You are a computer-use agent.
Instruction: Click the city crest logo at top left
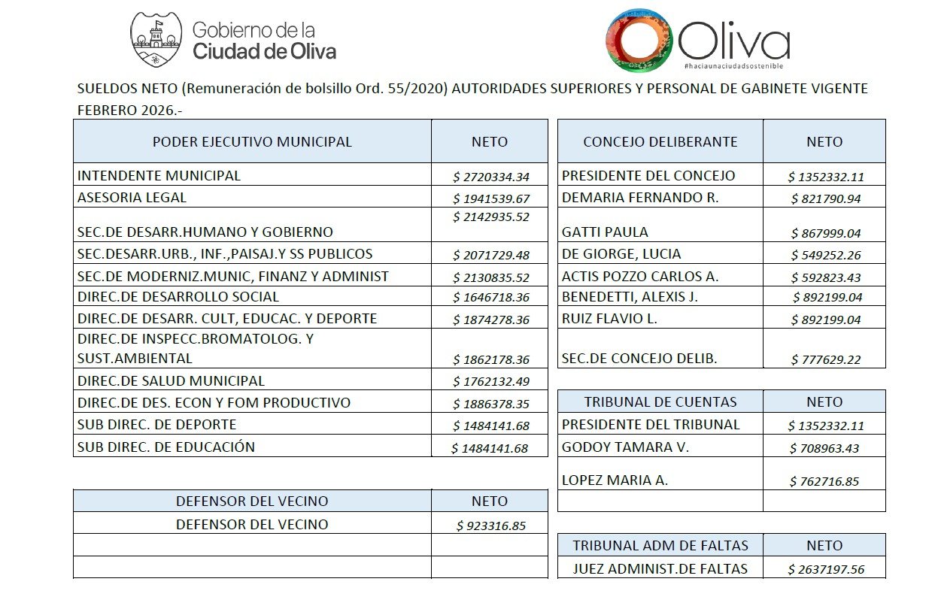156,39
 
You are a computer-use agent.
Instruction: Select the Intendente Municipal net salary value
491,177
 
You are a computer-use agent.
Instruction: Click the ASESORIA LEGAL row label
132,198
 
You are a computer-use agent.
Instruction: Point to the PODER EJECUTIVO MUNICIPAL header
252,141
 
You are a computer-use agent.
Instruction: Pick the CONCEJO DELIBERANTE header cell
660,141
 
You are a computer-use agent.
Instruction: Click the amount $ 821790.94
826,199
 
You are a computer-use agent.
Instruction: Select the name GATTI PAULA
605,232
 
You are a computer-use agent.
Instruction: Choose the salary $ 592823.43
826,277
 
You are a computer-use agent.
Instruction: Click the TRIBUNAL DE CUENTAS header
660,401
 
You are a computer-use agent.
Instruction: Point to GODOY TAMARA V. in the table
625,447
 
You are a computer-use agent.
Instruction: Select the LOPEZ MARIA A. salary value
824,481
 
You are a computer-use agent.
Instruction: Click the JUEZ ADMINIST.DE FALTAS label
660,568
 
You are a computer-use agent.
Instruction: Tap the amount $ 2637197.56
826,569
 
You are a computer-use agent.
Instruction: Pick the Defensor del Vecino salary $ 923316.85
490,526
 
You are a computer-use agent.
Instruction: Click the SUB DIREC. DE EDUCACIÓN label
166,447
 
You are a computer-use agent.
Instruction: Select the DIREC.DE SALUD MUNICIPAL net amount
491,381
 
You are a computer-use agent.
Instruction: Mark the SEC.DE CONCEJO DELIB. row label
639,358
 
